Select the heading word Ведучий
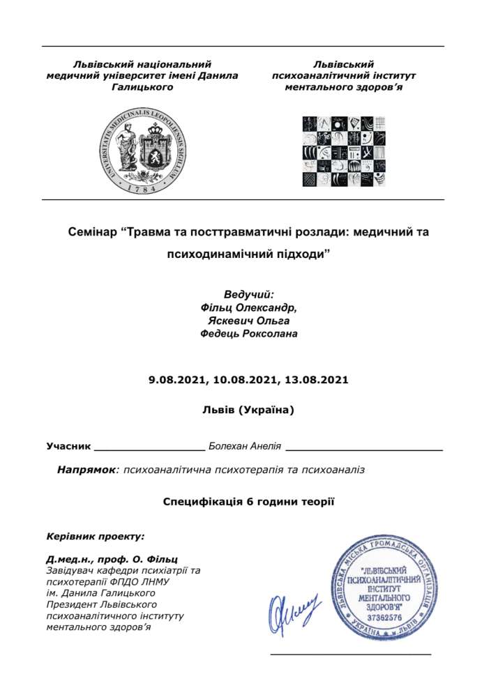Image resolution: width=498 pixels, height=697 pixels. pyautogui.click(x=248, y=294)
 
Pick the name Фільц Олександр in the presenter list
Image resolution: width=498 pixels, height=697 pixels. pyautogui.click(x=248, y=307)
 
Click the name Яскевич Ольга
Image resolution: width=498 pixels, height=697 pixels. pyautogui.click(x=248, y=321)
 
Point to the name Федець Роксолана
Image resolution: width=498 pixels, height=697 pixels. pyautogui.click(x=248, y=334)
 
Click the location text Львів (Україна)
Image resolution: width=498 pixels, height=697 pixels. pyautogui.click(x=248, y=411)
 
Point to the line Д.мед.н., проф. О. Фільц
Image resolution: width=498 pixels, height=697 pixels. pyautogui.click(x=112, y=559)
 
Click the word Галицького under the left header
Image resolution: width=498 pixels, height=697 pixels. pyautogui.click(x=142, y=88)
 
